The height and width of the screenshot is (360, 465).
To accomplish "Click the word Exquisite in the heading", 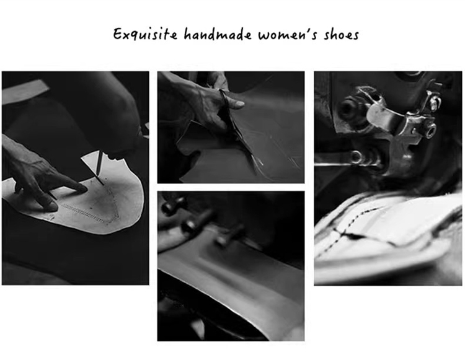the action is (145, 34).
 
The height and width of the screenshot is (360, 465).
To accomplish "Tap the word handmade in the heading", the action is (218, 34).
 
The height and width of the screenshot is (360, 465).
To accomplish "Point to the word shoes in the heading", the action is (342, 34).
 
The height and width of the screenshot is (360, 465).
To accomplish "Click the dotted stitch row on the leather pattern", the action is (83, 212).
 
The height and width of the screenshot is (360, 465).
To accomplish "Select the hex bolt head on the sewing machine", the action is (430, 130).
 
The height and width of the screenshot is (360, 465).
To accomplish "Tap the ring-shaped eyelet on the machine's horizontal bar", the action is (355, 157).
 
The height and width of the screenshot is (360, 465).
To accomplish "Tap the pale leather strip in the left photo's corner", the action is (24, 90).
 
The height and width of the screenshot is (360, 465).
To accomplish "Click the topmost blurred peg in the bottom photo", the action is (174, 204).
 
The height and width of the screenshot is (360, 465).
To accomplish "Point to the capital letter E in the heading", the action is (118, 34).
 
